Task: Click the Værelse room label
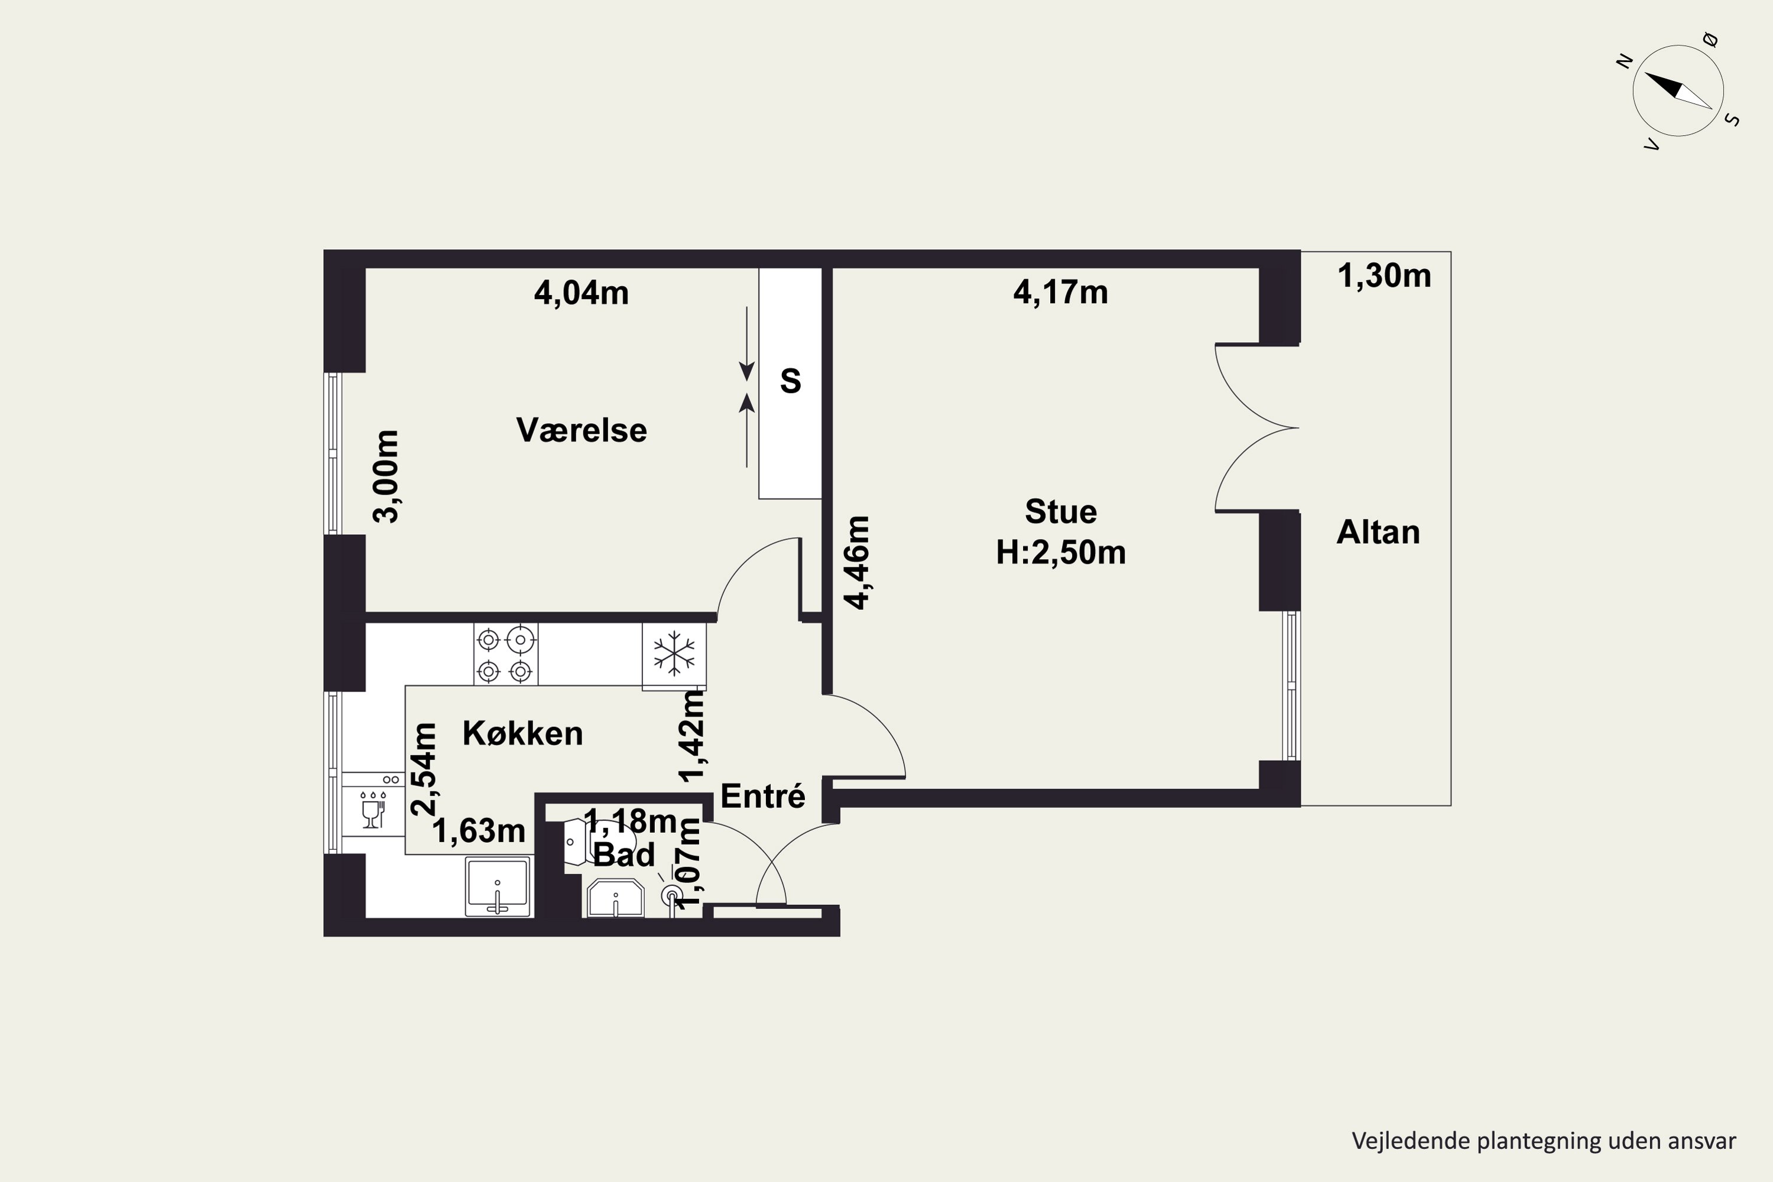coord(581,430)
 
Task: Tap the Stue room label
coord(1061,512)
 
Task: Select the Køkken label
coord(522,733)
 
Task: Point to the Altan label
coord(1378,532)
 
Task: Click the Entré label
coord(763,795)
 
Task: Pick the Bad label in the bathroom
coord(624,855)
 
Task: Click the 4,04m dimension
coord(581,293)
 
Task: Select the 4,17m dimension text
coord(1061,293)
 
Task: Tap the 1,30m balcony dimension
coord(1384,276)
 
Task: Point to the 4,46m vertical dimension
coord(857,563)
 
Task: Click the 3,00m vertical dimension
coord(386,476)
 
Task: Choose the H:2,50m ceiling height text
coord(1061,553)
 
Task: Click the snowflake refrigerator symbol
coord(674,654)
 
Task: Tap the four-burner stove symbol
coord(506,654)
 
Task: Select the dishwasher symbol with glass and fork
coord(373,810)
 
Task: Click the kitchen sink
coord(498,886)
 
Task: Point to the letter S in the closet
coord(790,381)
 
